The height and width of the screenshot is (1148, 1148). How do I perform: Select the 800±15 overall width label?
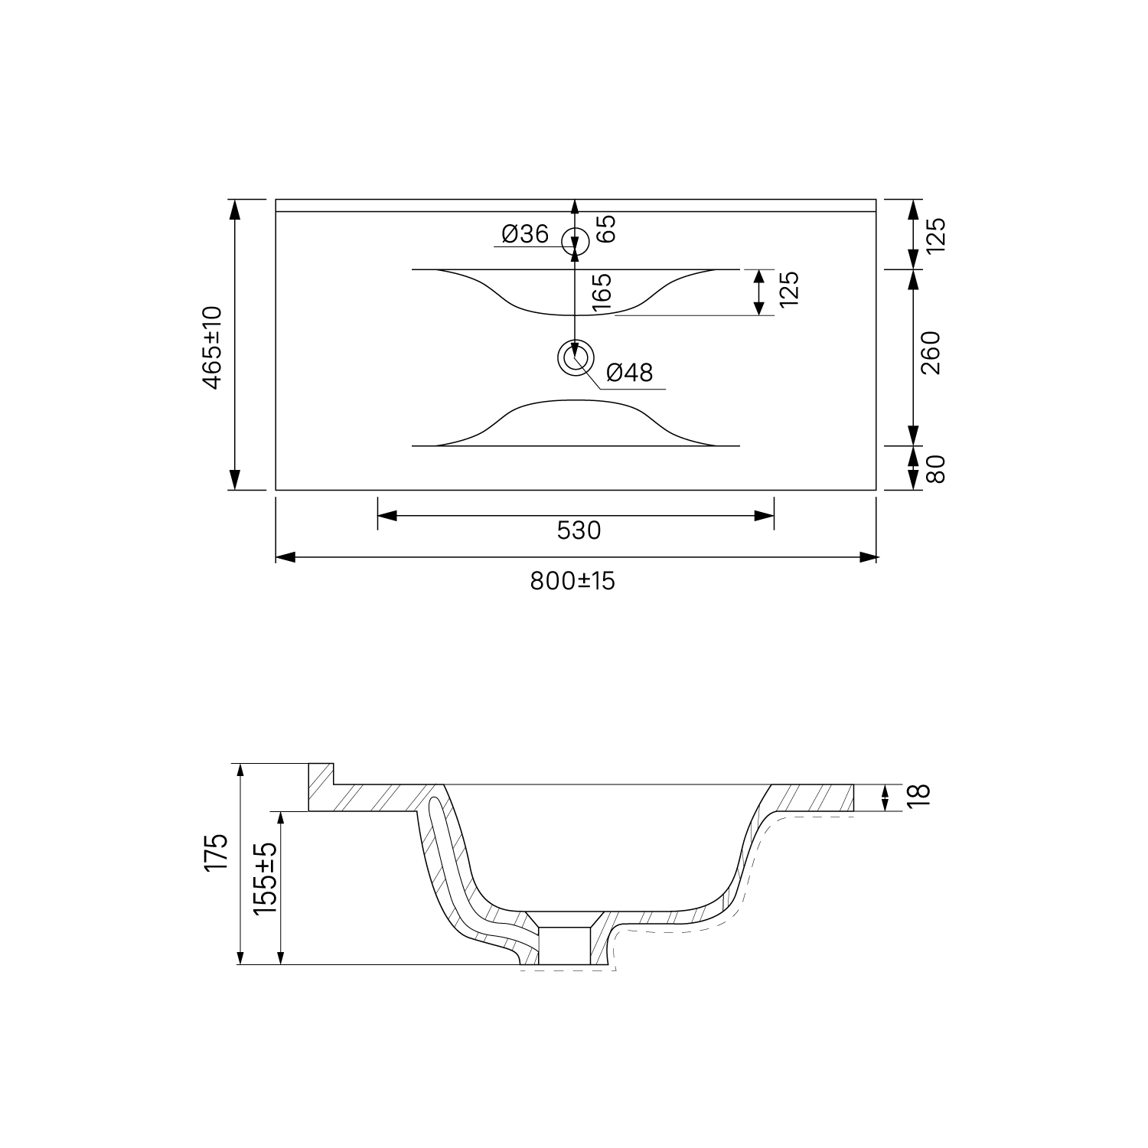coord(573,582)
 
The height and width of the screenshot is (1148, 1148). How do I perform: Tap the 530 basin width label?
coord(579,530)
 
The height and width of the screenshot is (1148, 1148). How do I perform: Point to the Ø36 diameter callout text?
coord(526,234)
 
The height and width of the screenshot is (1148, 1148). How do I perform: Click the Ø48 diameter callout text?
coord(630,373)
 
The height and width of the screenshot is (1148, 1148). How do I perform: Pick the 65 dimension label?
coord(606,229)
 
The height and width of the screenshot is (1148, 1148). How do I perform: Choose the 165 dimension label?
coord(602,292)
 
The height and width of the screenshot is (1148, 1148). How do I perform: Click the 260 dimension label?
coord(931,353)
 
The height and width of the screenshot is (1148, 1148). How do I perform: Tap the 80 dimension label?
coord(937,468)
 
